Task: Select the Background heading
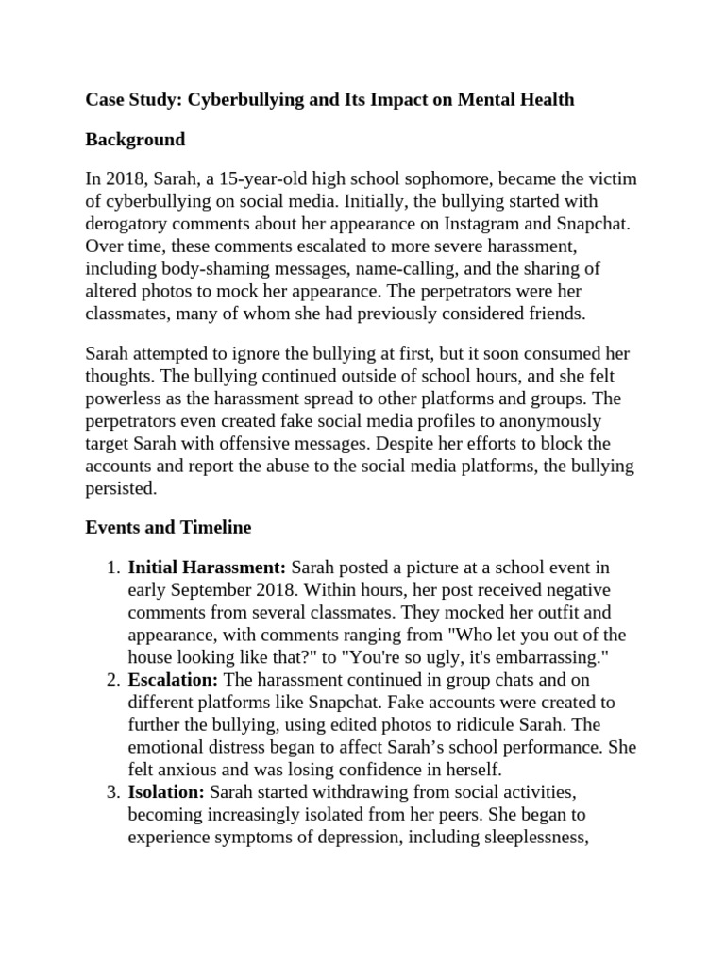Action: point(135,140)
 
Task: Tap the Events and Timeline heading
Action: point(168,528)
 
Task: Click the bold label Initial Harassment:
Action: point(207,568)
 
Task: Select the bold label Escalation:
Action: point(173,680)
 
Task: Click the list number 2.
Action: point(111,680)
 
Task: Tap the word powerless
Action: point(127,399)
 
